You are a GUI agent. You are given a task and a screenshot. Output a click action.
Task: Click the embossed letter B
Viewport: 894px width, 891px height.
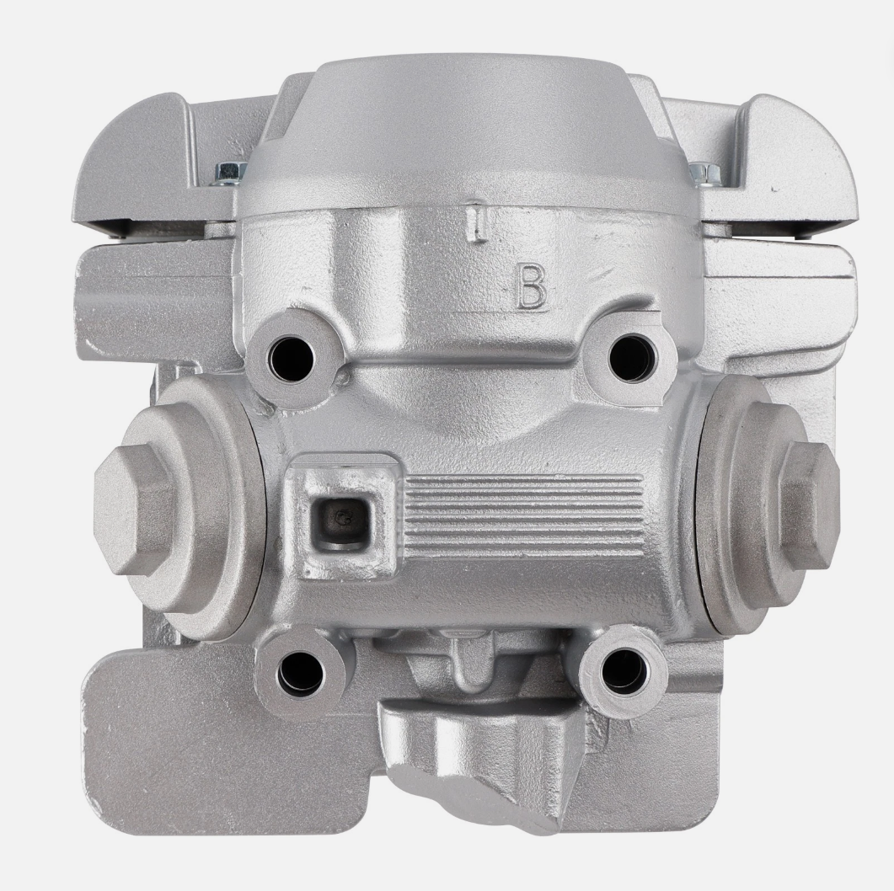532,286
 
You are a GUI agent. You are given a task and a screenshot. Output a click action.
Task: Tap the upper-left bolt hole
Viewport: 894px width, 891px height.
292,360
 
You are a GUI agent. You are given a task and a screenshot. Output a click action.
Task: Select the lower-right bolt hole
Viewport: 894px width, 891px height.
624,670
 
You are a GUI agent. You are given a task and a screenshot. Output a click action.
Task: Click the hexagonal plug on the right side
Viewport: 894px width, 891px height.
809,505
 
